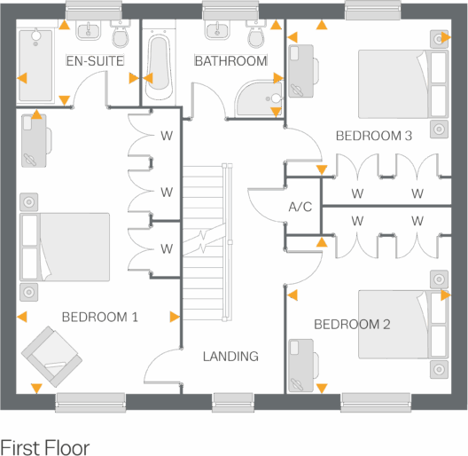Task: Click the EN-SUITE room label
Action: (x=95, y=60)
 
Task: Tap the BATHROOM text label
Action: (x=230, y=60)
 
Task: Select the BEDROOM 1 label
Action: (x=99, y=317)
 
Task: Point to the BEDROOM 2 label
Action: (x=352, y=325)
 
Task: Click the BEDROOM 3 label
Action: (x=374, y=136)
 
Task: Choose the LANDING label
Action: (x=230, y=357)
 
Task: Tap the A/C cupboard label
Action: (x=300, y=208)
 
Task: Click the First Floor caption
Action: (x=45, y=446)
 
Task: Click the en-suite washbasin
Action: (x=89, y=33)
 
